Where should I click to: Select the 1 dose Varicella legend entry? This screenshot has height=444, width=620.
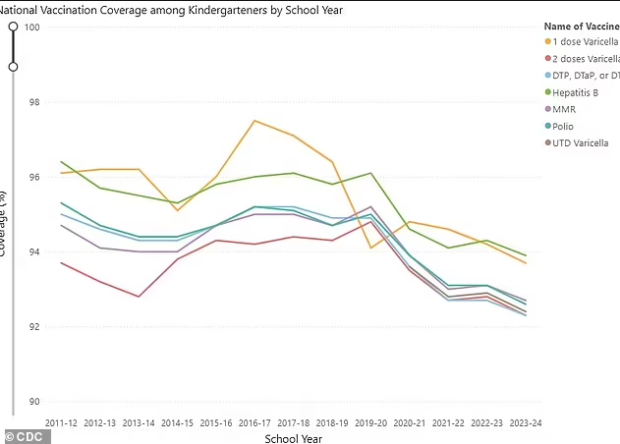584,41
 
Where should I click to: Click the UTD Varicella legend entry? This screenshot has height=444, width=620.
582,142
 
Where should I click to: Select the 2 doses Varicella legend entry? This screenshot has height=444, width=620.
586,58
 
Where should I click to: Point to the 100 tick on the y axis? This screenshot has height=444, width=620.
32,27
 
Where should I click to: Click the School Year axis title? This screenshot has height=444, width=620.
293,438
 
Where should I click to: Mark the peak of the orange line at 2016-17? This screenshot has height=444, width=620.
254,121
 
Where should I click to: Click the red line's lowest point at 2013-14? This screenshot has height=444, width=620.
139,297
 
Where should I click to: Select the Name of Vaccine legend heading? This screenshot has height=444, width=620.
581,25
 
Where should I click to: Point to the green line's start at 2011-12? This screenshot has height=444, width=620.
61,162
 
